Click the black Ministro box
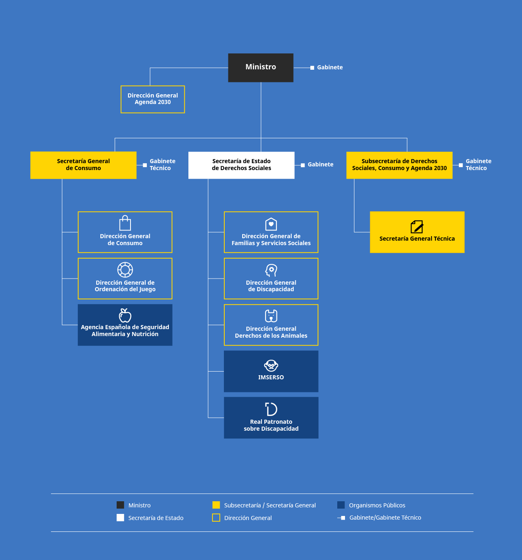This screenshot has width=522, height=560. click(x=261, y=67)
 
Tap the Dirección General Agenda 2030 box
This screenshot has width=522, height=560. click(x=153, y=99)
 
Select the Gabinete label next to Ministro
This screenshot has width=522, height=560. click(x=330, y=67)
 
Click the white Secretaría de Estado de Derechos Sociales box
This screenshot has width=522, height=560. click(x=241, y=165)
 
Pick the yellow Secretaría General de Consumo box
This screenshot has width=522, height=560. click(x=83, y=165)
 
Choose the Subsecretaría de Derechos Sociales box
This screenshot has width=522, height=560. click(x=399, y=165)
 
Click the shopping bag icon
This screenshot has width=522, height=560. click(x=125, y=224)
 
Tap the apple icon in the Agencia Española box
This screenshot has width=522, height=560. click(x=125, y=315)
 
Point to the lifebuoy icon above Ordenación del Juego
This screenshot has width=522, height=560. click(x=125, y=270)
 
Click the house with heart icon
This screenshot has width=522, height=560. click(x=271, y=224)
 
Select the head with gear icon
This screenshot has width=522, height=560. click(x=271, y=270)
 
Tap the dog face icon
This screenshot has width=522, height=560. click(x=271, y=316)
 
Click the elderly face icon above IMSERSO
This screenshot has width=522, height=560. click(x=271, y=365)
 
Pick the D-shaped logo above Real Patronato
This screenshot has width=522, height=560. click(x=271, y=409)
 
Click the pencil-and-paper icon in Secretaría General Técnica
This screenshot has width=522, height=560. click(x=417, y=227)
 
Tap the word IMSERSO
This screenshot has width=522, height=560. click(x=271, y=377)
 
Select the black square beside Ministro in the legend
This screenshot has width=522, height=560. click(x=120, y=505)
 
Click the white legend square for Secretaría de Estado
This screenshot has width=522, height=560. click(x=120, y=518)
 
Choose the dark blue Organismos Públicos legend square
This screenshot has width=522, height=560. click(x=341, y=505)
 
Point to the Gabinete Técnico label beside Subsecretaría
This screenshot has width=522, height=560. click(x=478, y=165)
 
